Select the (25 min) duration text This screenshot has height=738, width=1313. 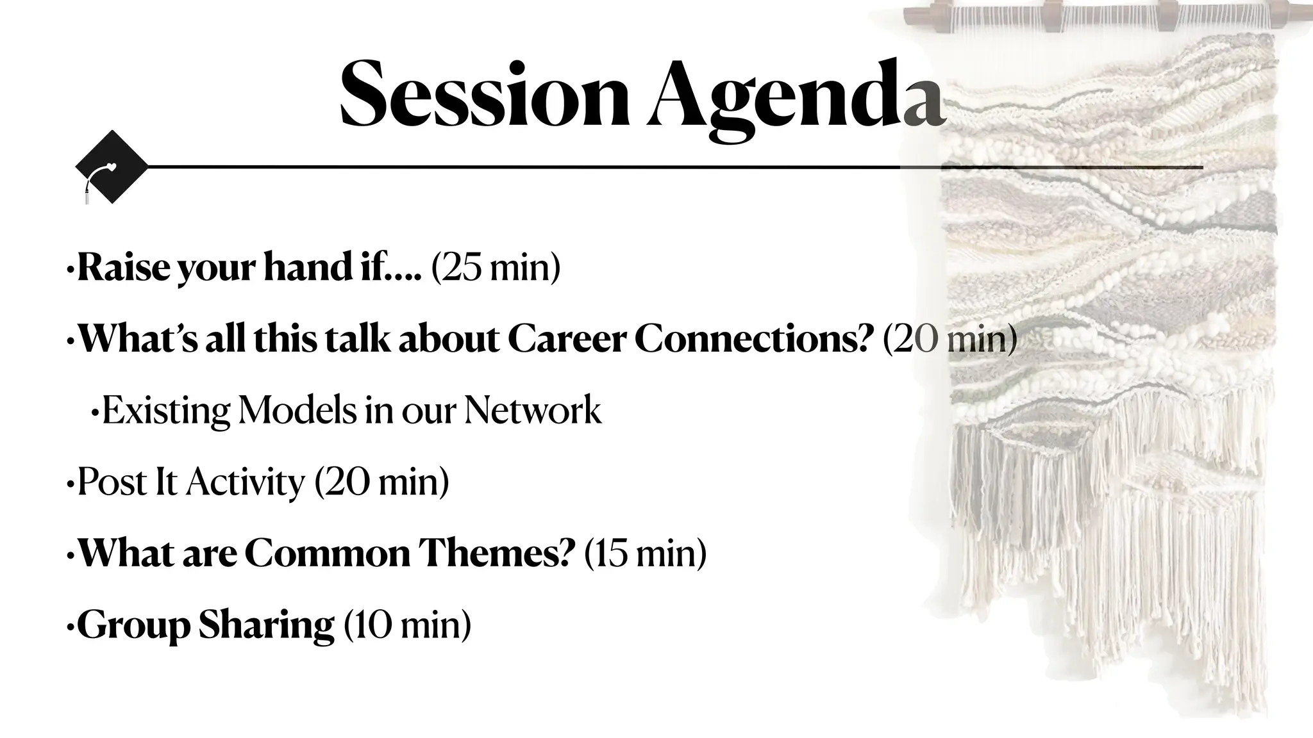[496, 268]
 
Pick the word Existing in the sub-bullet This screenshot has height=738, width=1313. [165, 411]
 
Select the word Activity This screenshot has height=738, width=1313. [246, 483]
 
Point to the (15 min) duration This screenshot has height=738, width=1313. [645, 553]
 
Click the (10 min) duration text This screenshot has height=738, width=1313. [407, 625]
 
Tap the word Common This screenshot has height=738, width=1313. [328, 553]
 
